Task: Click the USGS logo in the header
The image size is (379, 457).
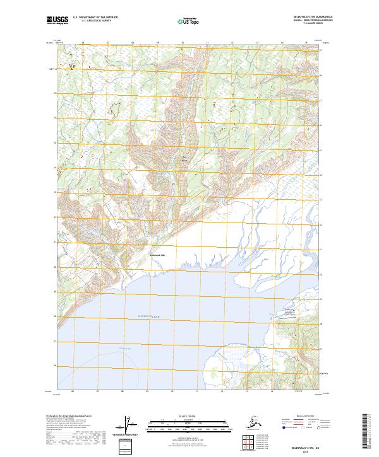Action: point(57,21)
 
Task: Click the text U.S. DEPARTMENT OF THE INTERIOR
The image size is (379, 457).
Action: point(95,19)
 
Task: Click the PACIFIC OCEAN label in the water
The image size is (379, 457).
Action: point(150,316)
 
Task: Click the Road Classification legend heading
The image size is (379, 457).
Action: point(303,417)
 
